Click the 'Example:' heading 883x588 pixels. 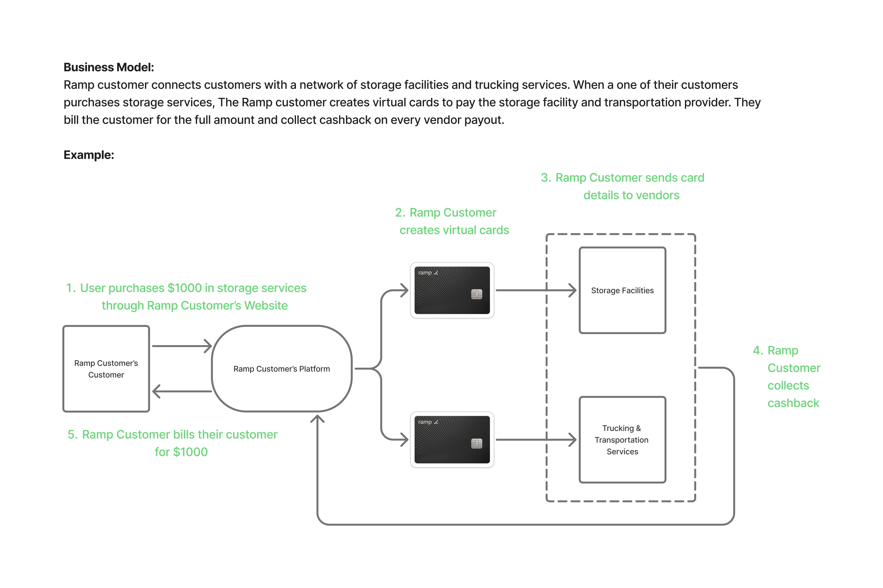(89, 155)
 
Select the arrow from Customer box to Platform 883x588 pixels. (182, 346)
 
